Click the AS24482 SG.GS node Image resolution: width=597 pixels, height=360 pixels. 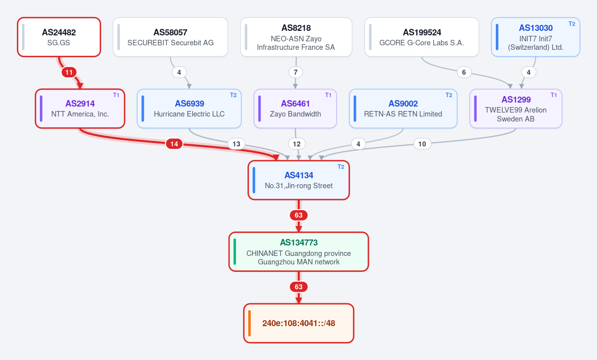click(59, 37)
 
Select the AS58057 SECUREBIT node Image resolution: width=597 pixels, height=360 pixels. click(170, 37)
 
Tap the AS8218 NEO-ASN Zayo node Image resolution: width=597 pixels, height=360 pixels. click(296, 37)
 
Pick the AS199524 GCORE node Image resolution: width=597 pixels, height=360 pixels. click(421, 37)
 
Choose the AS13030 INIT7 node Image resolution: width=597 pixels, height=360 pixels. click(535, 37)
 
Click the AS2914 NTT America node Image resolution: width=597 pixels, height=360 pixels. click(80, 109)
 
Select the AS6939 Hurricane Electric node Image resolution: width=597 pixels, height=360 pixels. click(189, 109)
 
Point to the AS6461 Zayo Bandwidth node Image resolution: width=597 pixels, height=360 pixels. click(295, 109)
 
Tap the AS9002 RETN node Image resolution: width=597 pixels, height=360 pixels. click(403, 109)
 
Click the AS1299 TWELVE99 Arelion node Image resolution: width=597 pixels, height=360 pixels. click(516, 109)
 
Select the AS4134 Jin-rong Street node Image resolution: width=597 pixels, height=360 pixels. click(299, 180)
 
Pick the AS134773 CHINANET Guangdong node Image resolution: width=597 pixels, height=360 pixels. click(299, 251)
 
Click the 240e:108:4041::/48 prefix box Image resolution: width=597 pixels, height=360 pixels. click(299, 323)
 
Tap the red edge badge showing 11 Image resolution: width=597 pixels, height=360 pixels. click(69, 72)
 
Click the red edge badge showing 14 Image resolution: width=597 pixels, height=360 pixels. click(174, 144)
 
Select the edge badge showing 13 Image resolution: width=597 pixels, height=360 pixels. click(237, 144)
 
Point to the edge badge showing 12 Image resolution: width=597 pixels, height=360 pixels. click(297, 144)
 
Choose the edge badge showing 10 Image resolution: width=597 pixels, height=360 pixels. click(422, 144)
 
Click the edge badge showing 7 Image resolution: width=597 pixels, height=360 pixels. click(295, 72)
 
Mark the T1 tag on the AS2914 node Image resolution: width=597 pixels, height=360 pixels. click(116, 95)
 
